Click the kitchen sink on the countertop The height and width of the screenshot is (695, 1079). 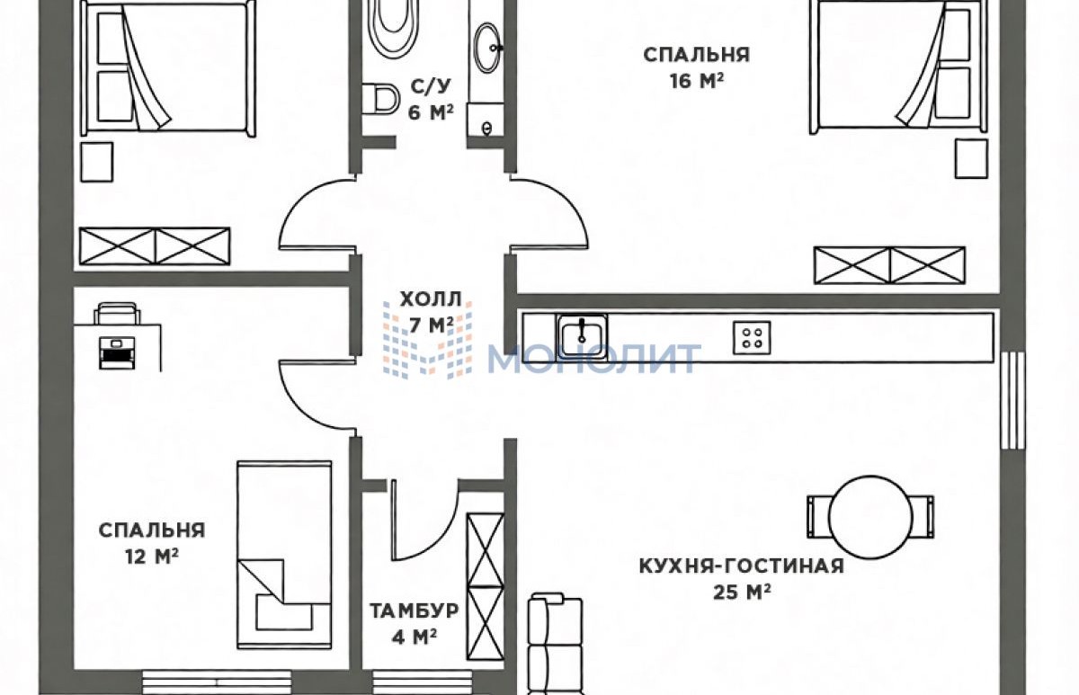[x=582, y=335]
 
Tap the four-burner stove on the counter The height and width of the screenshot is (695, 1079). [x=752, y=338]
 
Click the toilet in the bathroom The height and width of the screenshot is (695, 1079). [x=380, y=100]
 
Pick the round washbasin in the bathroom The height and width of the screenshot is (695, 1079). [x=487, y=47]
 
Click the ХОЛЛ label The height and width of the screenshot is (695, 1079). [x=431, y=299]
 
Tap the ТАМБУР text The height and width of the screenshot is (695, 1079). [x=415, y=610]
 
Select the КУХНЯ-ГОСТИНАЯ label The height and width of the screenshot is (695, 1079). [x=742, y=566]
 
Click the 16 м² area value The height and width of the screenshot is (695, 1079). [x=697, y=80]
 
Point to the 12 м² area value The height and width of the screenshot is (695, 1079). [x=152, y=557]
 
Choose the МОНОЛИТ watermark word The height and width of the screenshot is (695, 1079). [x=594, y=359]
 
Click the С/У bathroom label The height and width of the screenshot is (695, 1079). [x=431, y=86]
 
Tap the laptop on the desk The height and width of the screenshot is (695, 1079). [x=117, y=352]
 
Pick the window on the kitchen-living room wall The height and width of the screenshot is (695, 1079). [x=1012, y=401]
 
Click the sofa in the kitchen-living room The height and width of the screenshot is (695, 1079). [x=556, y=646]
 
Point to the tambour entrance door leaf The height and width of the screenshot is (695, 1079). [x=394, y=520]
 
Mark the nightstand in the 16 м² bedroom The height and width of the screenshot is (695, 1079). [x=971, y=158]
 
